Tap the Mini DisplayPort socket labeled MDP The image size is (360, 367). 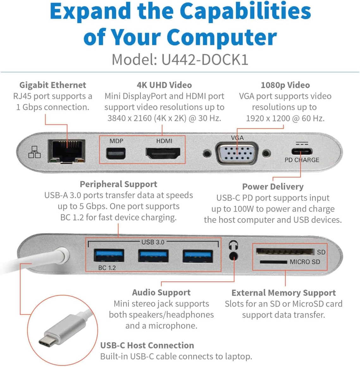tap(116, 154)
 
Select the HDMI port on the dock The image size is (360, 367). tap(163, 153)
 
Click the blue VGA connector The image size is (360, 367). tap(237, 154)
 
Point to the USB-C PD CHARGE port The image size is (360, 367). tap(302, 152)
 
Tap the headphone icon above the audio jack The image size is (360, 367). tap(233, 245)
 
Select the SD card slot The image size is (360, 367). tap(285, 252)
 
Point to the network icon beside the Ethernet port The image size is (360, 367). tap(34, 152)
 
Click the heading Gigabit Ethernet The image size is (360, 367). tap(53, 85)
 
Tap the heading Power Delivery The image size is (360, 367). tap(273, 187)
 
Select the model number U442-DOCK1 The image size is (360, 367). tap(205, 60)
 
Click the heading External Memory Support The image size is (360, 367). tap(283, 293)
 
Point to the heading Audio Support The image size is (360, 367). tap(161, 292)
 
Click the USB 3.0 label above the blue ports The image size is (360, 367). tap(153, 242)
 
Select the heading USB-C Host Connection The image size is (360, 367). tap(147, 345)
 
